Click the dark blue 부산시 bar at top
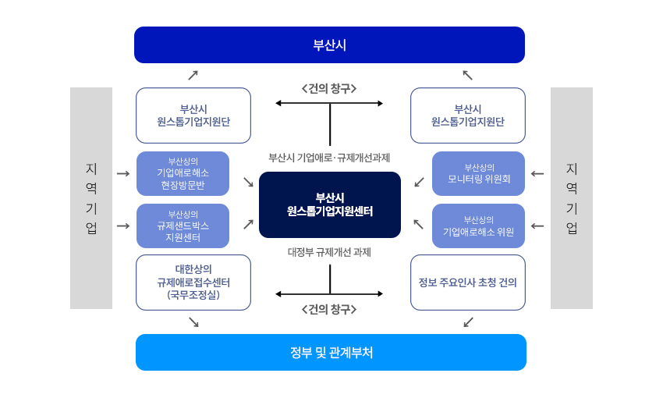coord(329,44)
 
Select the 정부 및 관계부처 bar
coord(331,352)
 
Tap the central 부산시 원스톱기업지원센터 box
coord(329,204)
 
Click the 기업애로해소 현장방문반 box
coord(183,173)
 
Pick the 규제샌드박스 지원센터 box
coord(183,226)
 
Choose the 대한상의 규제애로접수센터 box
coord(193,282)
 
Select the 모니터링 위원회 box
coord(478,173)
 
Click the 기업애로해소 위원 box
coord(478,226)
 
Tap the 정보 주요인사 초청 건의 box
coord(467,282)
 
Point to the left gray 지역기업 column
coord(91,198)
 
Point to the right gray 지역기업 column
coord(572,198)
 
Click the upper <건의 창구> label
coord(329,88)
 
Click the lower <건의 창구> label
coord(329,309)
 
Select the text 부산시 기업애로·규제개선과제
coord(329,158)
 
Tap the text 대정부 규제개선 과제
coord(329,252)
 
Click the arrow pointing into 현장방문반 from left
coord(123,173)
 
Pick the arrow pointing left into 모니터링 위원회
coord(537,173)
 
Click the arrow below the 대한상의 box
coord(193,322)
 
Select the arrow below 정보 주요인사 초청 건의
coord(468,322)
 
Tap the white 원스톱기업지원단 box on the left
coord(193,115)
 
